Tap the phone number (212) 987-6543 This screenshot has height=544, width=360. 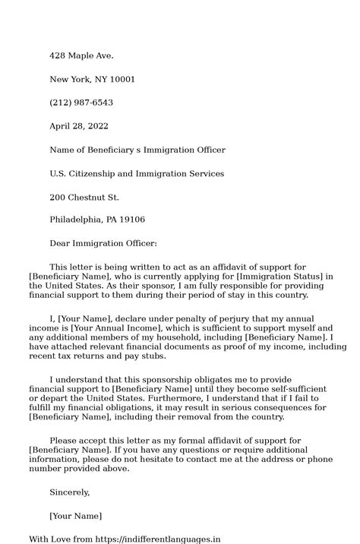[81, 103]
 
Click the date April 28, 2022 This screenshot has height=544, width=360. [79, 126]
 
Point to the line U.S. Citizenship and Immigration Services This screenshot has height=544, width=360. [137, 173]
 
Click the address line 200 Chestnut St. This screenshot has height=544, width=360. [84, 197]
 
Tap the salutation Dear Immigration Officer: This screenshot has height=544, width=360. [103, 243]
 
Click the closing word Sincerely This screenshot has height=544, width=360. [69, 492]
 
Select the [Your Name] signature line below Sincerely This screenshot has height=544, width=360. [75, 516]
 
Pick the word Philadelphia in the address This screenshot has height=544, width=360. [77, 220]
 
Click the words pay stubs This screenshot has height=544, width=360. [143, 356]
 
